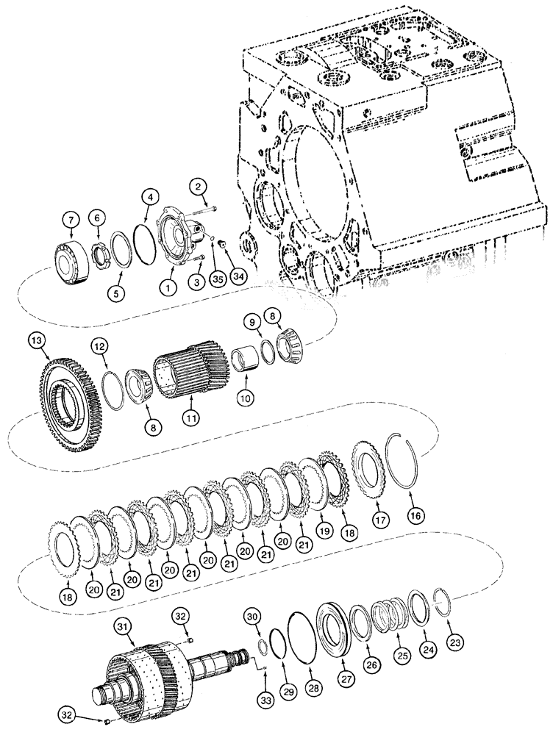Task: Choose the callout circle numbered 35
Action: click(216, 277)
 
